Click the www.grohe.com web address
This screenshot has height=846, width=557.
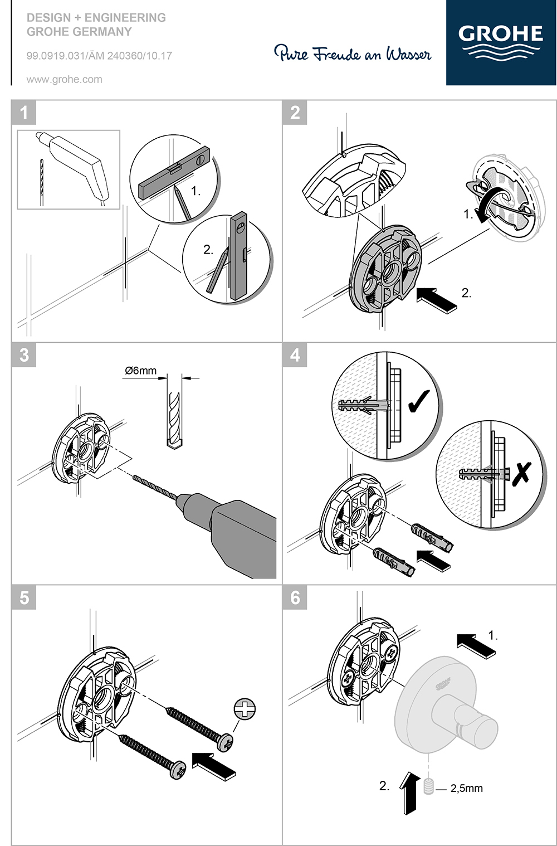point(65,79)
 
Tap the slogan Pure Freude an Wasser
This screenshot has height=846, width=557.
point(353,54)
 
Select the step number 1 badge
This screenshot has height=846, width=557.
point(24,113)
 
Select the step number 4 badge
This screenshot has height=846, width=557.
point(295,355)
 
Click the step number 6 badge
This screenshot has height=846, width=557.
point(295,598)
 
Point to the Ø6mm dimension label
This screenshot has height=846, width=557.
point(141,371)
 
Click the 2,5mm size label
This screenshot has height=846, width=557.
point(467,788)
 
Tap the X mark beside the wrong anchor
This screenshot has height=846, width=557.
point(521,473)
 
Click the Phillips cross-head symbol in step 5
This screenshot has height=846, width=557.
point(245,709)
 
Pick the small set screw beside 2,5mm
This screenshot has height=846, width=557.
point(429,787)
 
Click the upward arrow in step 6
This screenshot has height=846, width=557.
point(410,792)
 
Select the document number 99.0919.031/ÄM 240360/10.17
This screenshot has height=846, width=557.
point(99,56)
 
